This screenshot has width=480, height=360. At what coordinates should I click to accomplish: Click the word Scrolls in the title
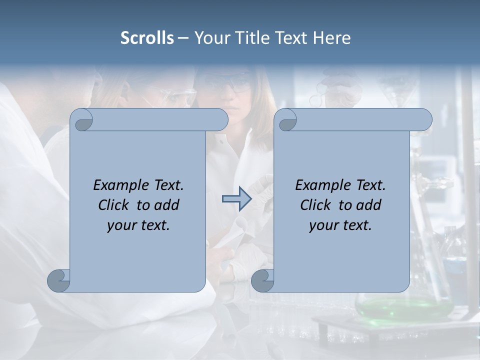(x=147, y=38)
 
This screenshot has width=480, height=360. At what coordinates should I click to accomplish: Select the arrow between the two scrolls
(x=236, y=199)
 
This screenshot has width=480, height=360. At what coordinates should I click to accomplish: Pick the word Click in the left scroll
(x=114, y=205)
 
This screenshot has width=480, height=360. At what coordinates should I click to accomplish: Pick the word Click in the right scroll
(x=316, y=205)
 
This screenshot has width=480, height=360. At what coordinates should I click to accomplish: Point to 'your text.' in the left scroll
(x=138, y=225)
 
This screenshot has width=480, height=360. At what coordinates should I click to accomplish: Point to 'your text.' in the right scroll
(x=340, y=225)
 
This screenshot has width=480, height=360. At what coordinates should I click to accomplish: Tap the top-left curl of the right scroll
(x=286, y=120)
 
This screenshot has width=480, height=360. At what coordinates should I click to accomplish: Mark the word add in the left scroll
(x=166, y=205)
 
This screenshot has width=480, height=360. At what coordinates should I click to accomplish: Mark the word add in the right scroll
(x=368, y=205)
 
